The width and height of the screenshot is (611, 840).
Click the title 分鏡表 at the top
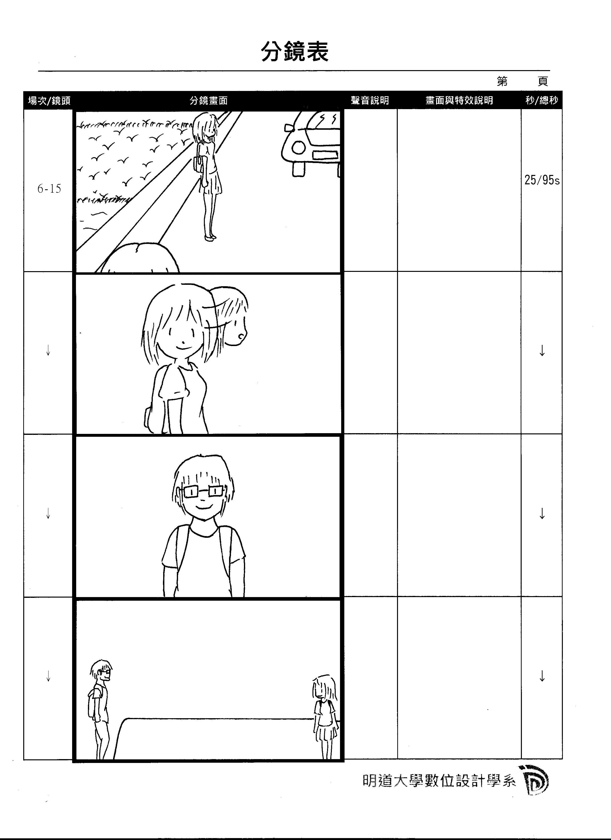pyautogui.click(x=295, y=51)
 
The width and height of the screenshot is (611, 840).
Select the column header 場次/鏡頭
pyautogui.click(x=49, y=100)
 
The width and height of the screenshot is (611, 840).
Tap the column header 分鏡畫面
pyautogui.click(x=208, y=100)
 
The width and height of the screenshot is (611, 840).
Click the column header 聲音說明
pyautogui.click(x=370, y=100)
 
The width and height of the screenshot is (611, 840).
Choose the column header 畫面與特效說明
pyautogui.click(x=459, y=100)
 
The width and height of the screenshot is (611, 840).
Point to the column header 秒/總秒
pyautogui.click(x=542, y=100)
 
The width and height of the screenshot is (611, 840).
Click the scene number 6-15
pyautogui.click(x=49, y=189)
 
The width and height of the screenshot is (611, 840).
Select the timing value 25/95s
pyautogui.click(x=542, y=180)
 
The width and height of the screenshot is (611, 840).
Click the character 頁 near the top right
pyautogui.click(x=543, y=81)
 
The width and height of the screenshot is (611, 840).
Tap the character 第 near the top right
pyautogui.click(x=502, y=81)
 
